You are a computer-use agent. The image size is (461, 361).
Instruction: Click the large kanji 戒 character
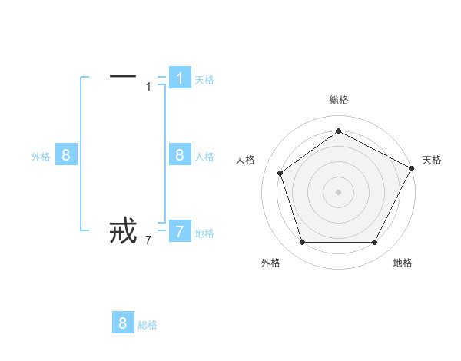(x=123, y=230)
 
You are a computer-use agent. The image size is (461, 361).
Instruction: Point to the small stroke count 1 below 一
(x=148, y=87)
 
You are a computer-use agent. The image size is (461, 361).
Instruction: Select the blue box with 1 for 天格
(x=179, y=78)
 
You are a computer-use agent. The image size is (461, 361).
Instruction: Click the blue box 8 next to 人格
(x=179, y=155)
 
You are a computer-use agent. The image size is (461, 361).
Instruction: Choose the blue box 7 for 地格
(x=179, y=232)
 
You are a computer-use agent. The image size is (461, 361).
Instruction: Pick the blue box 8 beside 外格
(x=66, y=155)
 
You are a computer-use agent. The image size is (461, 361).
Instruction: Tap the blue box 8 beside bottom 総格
(x=123, y=323)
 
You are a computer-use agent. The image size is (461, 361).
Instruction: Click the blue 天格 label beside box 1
(x=204, y=80)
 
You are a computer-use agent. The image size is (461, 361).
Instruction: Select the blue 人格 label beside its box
(x=204, y=157)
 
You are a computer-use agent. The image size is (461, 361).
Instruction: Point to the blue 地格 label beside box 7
(x=204, y=233)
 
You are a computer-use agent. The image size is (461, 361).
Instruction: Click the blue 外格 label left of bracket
(x=41, y=157)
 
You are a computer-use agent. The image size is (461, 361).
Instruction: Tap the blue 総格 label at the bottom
(x=148, y=325)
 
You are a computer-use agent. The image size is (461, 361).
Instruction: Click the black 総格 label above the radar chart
(x=339, y=100)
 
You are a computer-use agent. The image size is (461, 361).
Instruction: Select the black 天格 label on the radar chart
(x=432, y=160)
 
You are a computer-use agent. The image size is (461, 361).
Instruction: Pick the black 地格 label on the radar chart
(x=403, y=263)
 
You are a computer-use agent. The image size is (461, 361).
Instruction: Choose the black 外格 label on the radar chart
(x=270, y=263)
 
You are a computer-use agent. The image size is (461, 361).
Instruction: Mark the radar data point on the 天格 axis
(x=412, y=167)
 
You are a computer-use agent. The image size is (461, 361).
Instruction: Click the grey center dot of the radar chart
(x=338, y=191)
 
